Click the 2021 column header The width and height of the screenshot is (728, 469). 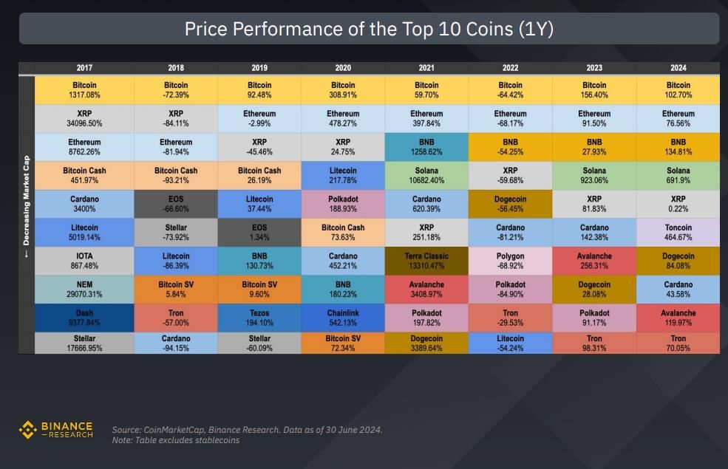pyautogui.click(x=426, y=68)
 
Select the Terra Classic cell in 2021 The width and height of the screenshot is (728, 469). pyautogui.click(x=426, y=261)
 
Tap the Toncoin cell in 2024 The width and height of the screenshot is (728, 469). pyautogui.click(x=678, y=233)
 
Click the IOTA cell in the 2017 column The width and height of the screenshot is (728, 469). pyautogui.click(x=84, y=261)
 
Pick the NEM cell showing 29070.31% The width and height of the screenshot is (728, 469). pyautogui.click(x=84, y=289)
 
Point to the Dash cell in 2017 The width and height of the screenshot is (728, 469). pyautogui.click(x=84, y=317)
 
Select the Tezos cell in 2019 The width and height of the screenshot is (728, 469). pyautogui.click(x=259, y=317)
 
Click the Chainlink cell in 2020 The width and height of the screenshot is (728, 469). pyautogui.click(x=343, y=317)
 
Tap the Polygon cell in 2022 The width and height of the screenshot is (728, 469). pyautogui.click(x=510, y=261)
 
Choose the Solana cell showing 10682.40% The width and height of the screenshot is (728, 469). pyautogui.click(x=426, y=176)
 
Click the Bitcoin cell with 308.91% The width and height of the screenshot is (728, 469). pyautogui.click(x=343, y=90)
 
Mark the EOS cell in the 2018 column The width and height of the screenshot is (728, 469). pyautogui.click(x=176, y=204)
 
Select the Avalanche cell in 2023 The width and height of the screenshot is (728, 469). pyautogui.click(x=594, y=261)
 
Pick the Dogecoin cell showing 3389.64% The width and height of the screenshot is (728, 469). pyautogui.click(x=426, y=343)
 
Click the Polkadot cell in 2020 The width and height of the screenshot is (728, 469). pyautogui.click(x=343, y=204)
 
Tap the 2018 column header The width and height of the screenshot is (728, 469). pyautogui.click(x=176, y=68)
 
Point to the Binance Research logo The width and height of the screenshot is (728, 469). pyautogui.click(x=56, y=430)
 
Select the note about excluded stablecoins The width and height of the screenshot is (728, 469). pyautogui.click(x=176, y=440)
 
